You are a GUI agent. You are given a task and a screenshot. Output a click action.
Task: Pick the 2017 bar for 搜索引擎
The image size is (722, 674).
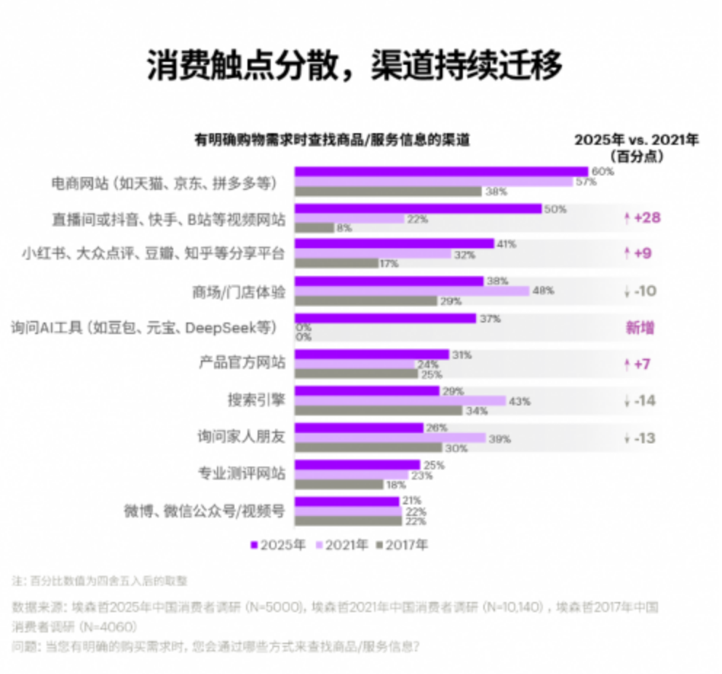(378, 411)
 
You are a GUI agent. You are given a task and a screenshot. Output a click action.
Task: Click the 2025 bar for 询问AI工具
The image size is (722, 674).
(385, 319)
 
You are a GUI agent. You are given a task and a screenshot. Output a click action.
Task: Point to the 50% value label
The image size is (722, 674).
(555, 209)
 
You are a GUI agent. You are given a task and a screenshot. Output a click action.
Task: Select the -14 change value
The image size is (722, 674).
(645, 401)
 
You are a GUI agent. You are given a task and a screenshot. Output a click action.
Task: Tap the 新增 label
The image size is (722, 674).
(640, 328)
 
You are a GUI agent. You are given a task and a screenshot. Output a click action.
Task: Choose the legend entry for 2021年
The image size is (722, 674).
(341, 544)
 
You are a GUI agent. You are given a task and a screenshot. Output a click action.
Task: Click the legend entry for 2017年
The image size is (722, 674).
(402, 544)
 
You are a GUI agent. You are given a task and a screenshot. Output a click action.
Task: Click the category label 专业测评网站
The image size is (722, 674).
(242, 475)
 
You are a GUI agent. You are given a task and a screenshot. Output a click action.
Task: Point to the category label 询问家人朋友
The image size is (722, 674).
(242, 438)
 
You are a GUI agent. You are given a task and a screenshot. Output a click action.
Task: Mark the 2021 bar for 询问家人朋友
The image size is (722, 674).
(389, 438)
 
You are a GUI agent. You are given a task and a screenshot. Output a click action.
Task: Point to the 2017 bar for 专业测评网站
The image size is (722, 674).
(338, 484)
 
